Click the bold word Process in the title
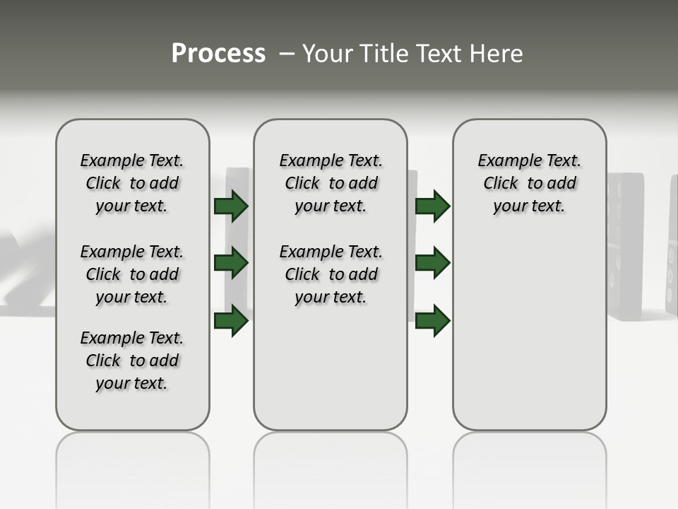point(218,53)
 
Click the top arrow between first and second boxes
point(231,206)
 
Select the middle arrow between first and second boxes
point(231,263)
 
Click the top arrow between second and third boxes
point(432,206)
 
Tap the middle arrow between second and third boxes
point(432,263)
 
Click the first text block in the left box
point(132,183)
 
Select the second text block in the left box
point(132,274)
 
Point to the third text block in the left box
point(132,361)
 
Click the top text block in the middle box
point(331,183)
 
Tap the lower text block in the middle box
point(331,274)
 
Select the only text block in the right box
point(529,183)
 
